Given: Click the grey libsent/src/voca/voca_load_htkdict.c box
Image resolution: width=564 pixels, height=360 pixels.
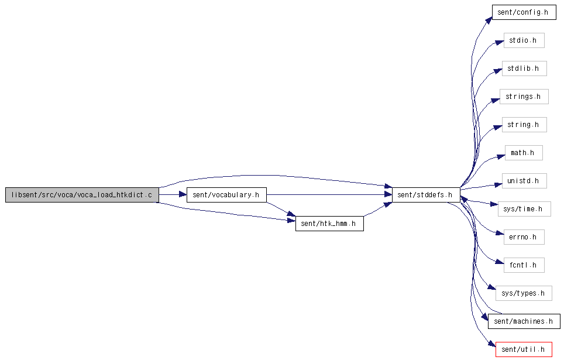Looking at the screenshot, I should [82, 195].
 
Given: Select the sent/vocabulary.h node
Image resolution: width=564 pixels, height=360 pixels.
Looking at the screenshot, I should [226, 195].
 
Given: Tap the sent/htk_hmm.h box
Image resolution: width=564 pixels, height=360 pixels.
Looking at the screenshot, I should [329, 223].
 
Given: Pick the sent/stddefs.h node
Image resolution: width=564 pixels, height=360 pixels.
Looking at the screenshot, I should [425, 195].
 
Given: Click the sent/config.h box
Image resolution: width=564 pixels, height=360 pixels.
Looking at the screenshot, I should [523, 12].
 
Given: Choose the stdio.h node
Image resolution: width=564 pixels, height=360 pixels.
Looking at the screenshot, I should [524, 40].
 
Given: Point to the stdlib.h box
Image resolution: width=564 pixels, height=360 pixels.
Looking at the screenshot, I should [524, 68].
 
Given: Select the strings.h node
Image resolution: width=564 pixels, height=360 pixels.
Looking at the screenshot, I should [523, 97].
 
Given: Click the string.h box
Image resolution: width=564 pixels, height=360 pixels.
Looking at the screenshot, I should [524, 125].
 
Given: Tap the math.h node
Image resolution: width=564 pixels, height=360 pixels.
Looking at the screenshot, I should [523, 153].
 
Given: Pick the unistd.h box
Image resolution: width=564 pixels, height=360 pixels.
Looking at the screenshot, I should [524, 181].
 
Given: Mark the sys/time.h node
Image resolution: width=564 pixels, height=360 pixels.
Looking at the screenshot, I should [524, 209].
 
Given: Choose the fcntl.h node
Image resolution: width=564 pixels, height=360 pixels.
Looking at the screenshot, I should [524, 265].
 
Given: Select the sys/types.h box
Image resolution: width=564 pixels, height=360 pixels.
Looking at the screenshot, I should [524, 293].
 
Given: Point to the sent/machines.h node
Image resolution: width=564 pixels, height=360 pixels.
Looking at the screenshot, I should [524, 321].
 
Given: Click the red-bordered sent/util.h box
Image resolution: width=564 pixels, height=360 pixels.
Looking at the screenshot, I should [524, 349].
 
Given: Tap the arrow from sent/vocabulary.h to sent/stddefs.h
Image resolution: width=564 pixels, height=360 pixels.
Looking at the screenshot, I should [328, 195].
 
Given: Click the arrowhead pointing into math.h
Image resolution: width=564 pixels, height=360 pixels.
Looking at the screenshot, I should [501, 156].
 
